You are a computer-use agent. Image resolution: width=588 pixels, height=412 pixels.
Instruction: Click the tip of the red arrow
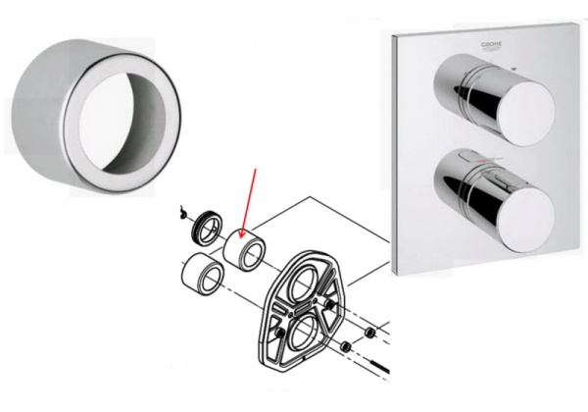coord(238,232)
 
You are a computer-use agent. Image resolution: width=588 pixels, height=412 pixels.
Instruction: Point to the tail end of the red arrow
coord(257,169)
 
